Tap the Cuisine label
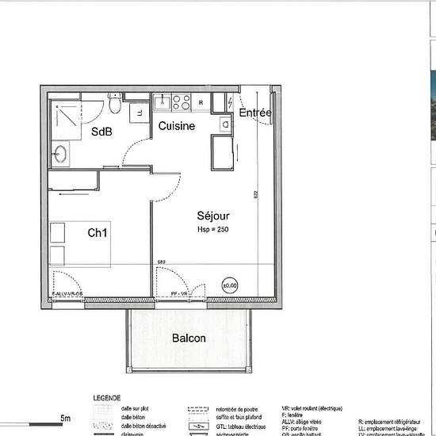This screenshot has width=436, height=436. pyautogui.click(x=176, y=126)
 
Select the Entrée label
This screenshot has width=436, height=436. pyautogui.click(x=255, y=113)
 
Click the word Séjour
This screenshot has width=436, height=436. pyautogui.click(x=213, y=215)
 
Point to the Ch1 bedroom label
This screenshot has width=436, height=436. pyautogui.click(x=99, y=233)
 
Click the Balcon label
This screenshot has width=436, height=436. pyautogui.click(x=189, y=338)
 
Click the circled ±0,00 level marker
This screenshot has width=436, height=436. pyautogui.click(x=230, y=285)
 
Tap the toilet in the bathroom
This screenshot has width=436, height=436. pyautogui.click(x=116, y=105)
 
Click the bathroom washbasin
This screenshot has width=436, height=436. pyautogui.click(x=60, y=152)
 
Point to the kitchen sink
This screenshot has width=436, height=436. pyautogui.click(x=161, y=102)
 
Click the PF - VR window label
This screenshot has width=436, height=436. pyautogui.click(x=179, y=294)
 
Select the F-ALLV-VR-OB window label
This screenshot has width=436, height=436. pyautogui.click(x=67, y=294)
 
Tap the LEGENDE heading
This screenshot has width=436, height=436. pyautogui.click(x=107, y=397)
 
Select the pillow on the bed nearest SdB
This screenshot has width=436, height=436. pyautogui.click(x=57, y=232)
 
